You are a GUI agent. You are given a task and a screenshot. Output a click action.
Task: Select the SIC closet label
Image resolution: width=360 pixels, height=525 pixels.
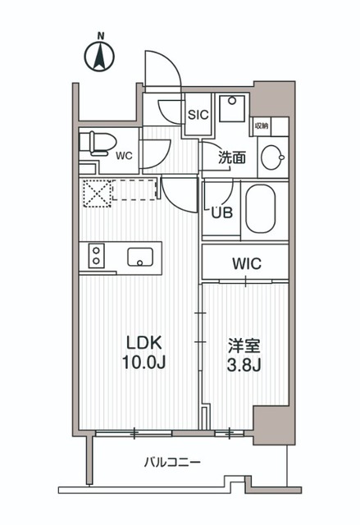click(x=198, y=116)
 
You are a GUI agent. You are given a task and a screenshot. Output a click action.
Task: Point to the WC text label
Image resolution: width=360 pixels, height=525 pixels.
click(x=125, y=153)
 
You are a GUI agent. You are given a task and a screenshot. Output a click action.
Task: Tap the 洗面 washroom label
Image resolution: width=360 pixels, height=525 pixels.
click(x=232, y=158)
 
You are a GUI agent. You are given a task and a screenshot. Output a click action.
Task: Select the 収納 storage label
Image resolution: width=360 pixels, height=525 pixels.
click(x=262, y=126)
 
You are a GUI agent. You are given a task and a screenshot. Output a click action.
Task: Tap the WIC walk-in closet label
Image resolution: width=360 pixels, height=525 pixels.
click(x=246, y=264)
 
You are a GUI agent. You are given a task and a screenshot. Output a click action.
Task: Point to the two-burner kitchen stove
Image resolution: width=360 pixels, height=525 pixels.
click(x=96, y=257)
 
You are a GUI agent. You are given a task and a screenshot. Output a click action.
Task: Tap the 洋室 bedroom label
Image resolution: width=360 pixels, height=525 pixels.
click(x=244, y=345)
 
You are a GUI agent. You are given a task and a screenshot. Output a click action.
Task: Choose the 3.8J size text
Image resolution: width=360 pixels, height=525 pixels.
click(x=244, y=363)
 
